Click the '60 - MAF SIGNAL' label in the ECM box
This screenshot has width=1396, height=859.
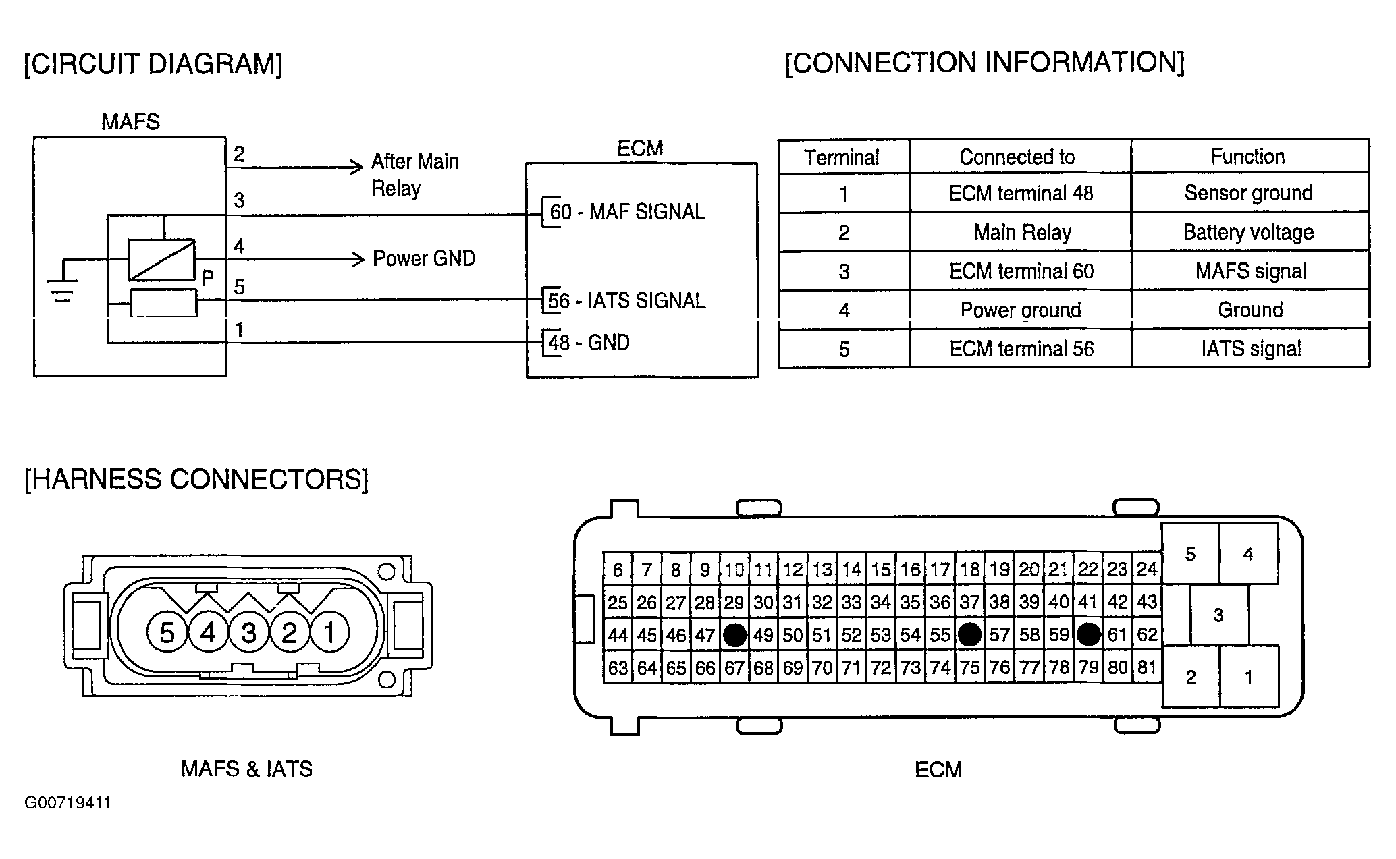click(x=627, y=212)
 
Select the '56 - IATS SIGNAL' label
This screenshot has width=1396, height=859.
click(x=627, y=300)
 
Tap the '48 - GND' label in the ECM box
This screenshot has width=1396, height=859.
click(x=589, y=343)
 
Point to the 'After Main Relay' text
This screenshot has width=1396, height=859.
click(x=415, y=175)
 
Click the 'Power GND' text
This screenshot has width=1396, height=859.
click(x=424, y=258)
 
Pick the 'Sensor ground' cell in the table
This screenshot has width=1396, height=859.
click(x=1249, y=193)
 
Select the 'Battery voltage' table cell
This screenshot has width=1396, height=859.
click(x=1249, y=232)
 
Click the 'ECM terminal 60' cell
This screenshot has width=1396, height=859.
click(x=1021, y=271)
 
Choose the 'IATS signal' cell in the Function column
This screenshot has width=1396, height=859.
click(x=1251, y=349)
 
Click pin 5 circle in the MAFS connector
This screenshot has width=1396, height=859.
click(x=167, y=632)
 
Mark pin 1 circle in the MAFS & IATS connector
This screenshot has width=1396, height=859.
click(x=329, y=632)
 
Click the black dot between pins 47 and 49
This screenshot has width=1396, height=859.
click(x=734, y=635)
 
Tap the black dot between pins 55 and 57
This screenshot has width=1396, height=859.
click(x=969, y=634)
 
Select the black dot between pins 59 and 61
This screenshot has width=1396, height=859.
click(x=1088, y=634)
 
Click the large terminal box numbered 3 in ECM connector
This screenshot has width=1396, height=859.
click(x=1218, y=615)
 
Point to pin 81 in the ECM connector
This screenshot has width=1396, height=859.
click(x=1147, y=667)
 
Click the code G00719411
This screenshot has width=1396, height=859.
click(x=68, y=803)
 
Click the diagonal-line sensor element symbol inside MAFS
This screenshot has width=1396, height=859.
click(x=162, y=260)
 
